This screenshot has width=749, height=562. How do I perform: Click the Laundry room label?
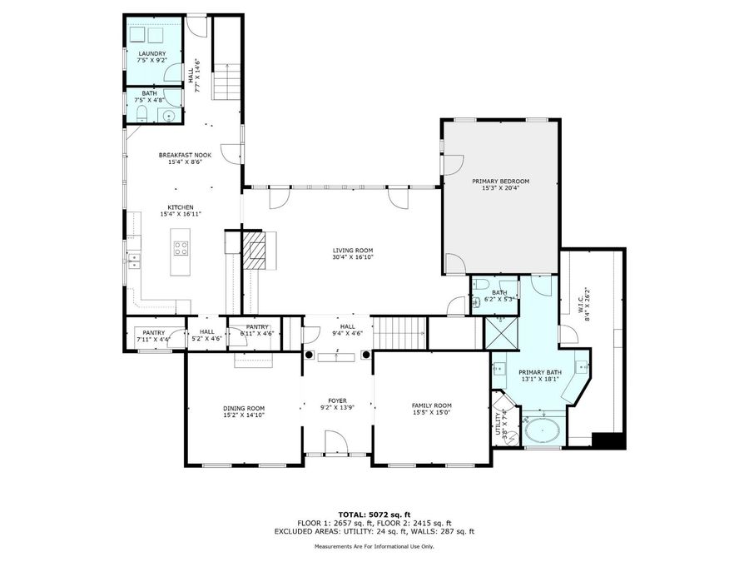click(x=152, y=54)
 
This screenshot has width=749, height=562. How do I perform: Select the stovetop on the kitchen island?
click(x=181, y=247)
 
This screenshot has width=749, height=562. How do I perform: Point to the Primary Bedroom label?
click(x=500, y=181)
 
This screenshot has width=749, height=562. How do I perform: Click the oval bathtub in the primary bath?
click(x=542, y=432)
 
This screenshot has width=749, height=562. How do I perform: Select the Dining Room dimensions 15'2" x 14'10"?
click(x=243, y=415)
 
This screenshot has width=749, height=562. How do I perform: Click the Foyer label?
click(x=336, y=400)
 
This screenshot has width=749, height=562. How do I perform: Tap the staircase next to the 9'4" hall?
click(x=398, y=333)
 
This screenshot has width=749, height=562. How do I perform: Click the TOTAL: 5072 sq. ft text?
click(x=374, y=515)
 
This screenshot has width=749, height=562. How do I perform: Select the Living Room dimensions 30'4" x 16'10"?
click(x=353, y=257)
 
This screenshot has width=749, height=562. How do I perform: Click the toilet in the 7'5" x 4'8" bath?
click(x=141, y=115)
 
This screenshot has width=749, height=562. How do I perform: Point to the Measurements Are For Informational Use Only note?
click(x=374, y=546)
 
